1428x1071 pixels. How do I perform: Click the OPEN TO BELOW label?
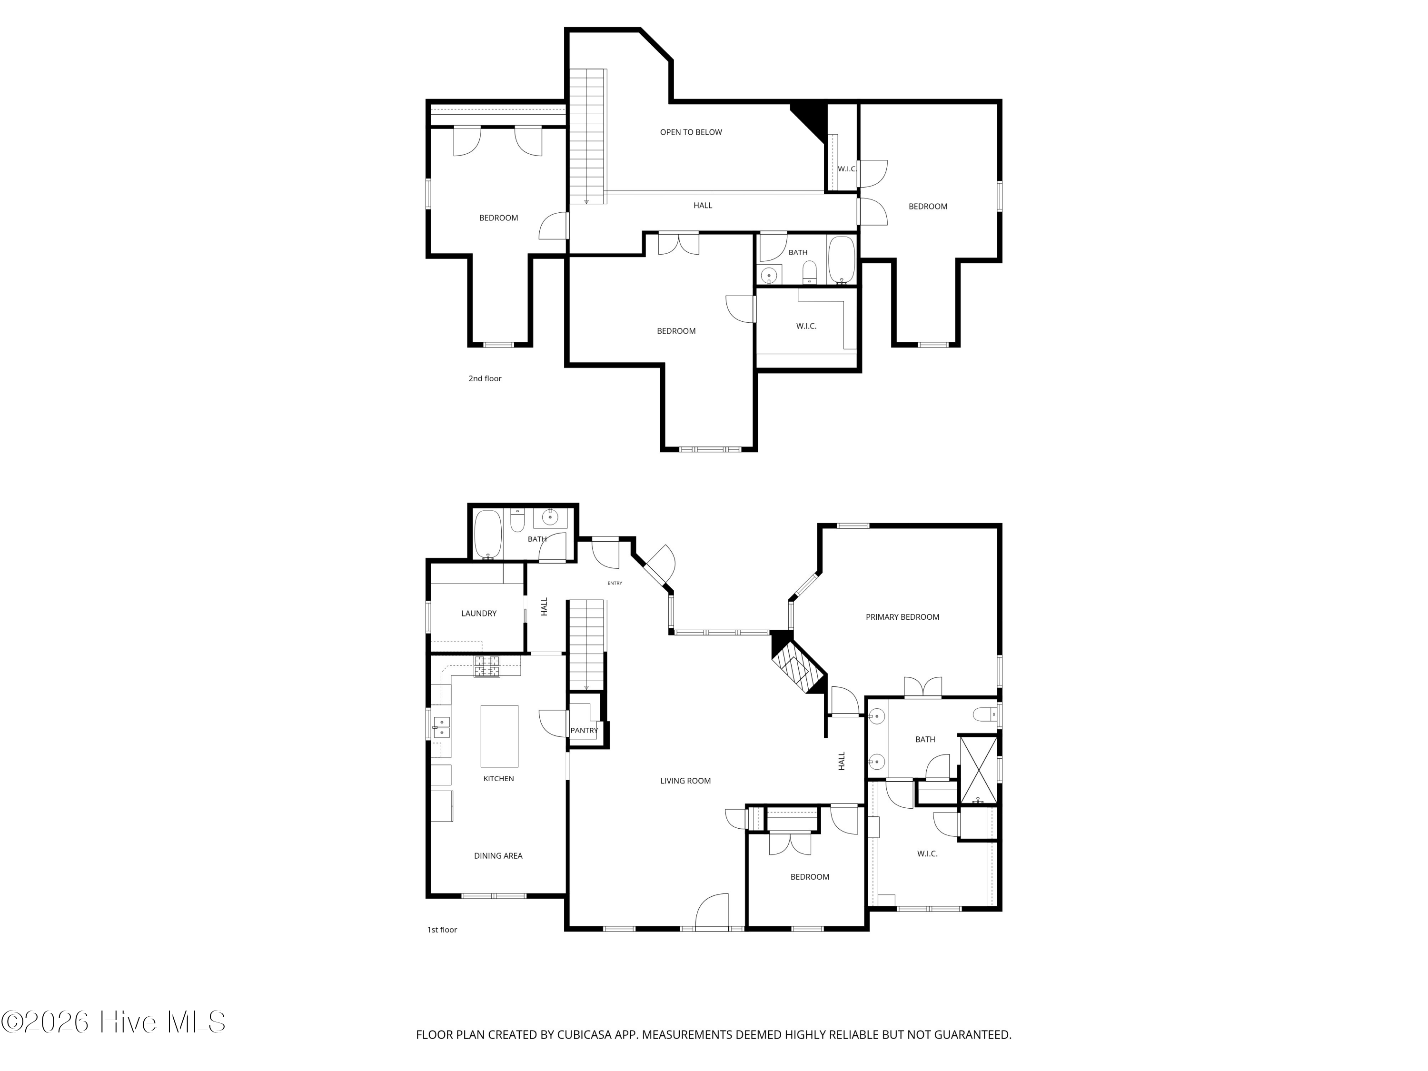pos(691,132)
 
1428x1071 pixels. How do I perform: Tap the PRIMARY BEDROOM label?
pos(902,617)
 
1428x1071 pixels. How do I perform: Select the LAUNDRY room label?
pos(478,613)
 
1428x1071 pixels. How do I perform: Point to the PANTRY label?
pos(584,731)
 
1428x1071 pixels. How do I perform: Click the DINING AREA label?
pos(498,856)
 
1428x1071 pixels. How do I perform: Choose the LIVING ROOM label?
pos(685,781)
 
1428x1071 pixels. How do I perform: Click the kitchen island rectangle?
pos(499,736)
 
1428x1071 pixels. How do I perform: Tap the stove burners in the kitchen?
pos(487,666)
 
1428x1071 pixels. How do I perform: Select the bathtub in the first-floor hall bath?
pos(488,535)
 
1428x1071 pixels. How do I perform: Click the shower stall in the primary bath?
pos(979,770)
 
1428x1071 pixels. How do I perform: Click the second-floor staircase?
pos(587,136)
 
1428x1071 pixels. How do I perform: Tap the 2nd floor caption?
pos(485,379)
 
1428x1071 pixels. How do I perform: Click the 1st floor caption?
pos(442,930)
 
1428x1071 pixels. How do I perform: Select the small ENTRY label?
pos(615,584)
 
